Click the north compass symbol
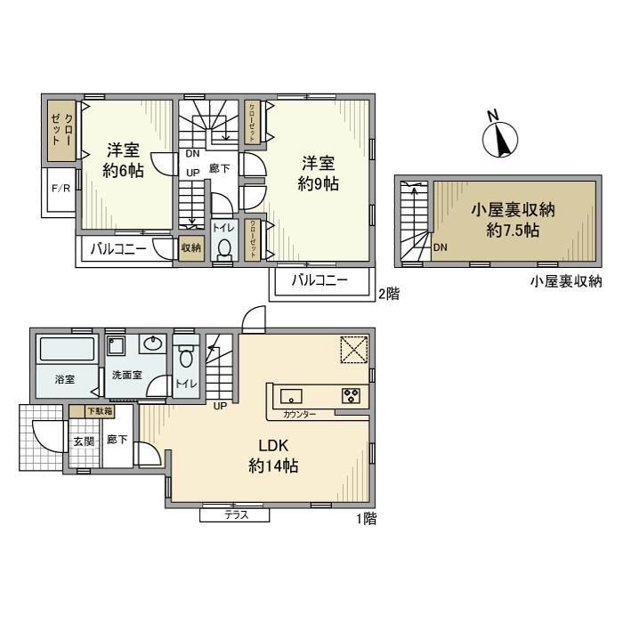click(500, 136)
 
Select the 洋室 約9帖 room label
click(317, 173)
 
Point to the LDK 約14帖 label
click(273, 455)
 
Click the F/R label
click(61, 189)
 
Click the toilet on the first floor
click(186, 357)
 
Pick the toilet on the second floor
click(223, 248)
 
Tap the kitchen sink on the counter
click(293, 395)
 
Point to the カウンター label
click(300, 415)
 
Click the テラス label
click(235, 515)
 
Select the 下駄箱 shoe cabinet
click(99, 411)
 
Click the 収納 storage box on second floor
click(190, 248)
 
